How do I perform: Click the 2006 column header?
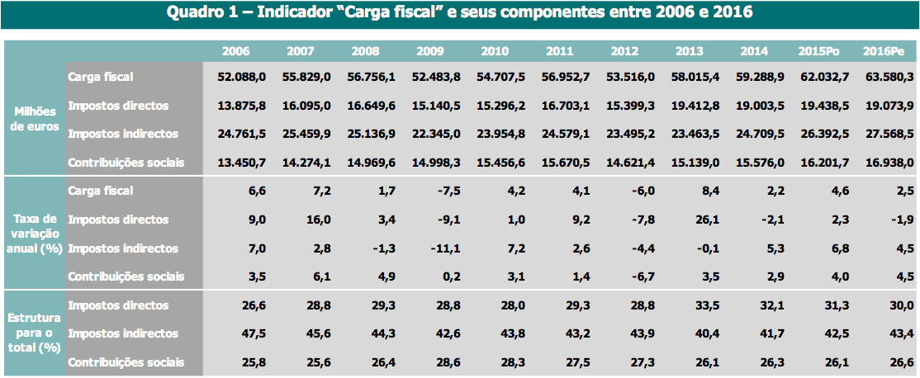click(236, 51)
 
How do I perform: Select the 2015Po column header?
click(818, 51)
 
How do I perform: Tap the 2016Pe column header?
click(884, 51)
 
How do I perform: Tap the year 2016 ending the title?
click(732, 13)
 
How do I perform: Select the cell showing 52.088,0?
click(241, 77)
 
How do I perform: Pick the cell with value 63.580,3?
click(889, 77)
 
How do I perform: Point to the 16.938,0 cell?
click(889, 163)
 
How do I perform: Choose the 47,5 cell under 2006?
click(254, 334)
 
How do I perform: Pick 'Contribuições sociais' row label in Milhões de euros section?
click(126, 163)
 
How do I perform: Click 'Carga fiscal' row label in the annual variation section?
click(100, 191)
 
